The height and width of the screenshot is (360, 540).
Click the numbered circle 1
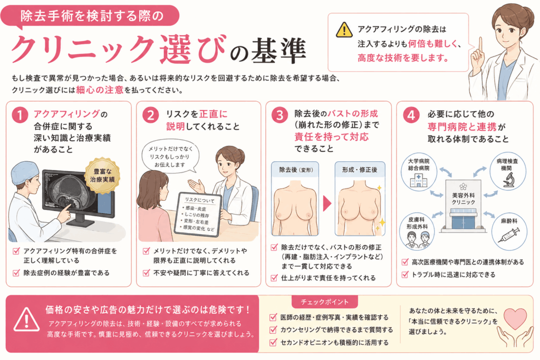coord(20,115)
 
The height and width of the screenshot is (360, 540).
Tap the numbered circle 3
coord(279,115)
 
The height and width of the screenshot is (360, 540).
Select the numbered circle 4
coord(411,115)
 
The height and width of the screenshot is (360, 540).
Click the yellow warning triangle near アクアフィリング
coord(344,30)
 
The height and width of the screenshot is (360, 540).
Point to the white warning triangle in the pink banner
coord(26,319)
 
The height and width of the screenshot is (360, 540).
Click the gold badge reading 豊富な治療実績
coord(102,175)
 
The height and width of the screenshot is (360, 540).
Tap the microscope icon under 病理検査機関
coord(508,180)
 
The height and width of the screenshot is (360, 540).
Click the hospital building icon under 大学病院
coord(418,180)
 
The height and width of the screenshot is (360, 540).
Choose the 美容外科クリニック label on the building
coord(464,198)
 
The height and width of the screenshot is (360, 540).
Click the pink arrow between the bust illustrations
coord(327,204)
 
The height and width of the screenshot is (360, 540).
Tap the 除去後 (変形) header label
coord(296,170)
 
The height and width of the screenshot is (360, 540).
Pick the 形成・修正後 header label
coord(360,170)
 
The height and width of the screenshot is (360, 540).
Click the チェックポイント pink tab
coord(325,302)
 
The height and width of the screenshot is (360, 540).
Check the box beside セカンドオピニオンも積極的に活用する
coord(273,342)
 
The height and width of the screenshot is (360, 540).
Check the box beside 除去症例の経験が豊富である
coord(16,273)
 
